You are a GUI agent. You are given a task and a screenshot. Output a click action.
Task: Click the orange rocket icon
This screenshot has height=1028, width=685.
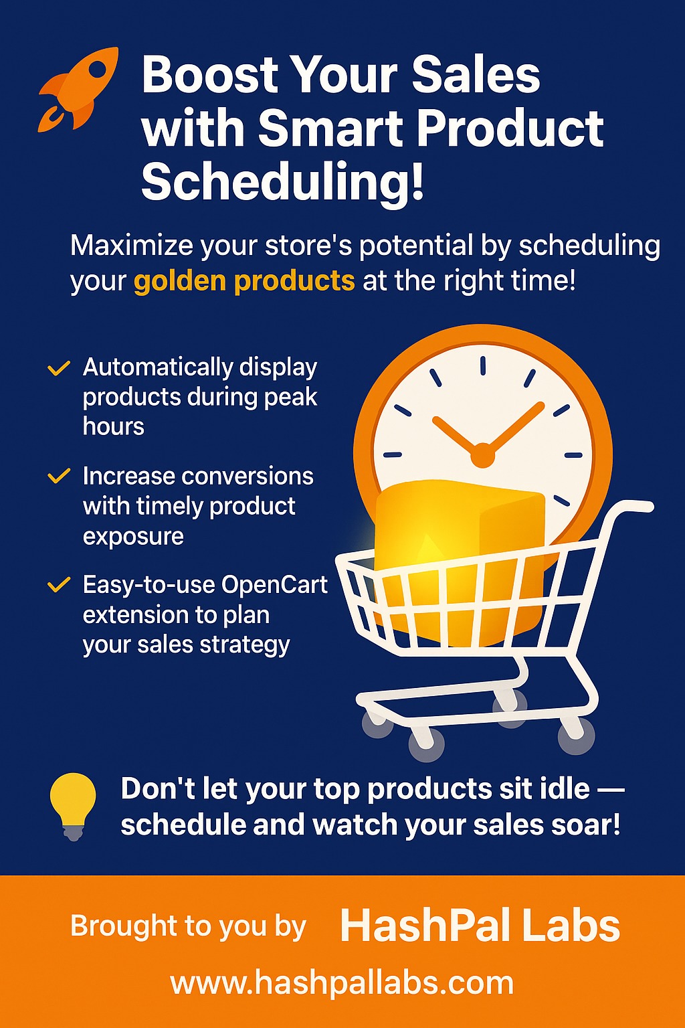pyautogui.click(x=78, y=90)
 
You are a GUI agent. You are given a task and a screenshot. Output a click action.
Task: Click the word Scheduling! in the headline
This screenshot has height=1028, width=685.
pyautogui.click(x=282, y=180)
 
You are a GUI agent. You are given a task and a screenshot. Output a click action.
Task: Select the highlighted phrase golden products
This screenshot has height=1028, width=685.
pyautogui.click(x=244, y=280)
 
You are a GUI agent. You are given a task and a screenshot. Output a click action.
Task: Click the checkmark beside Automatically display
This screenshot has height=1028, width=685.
pyautogui.click(x=59, y=368)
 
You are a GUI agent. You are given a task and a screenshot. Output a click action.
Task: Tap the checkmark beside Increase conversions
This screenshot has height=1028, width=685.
pyautogui.click(x=59, y=476)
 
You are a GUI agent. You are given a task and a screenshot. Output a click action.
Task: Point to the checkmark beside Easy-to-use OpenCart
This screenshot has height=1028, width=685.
pyautogui.click(x=59, y=585)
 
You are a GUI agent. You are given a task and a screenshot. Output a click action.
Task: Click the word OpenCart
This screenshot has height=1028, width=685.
pyautogui.click(x=274, y=585)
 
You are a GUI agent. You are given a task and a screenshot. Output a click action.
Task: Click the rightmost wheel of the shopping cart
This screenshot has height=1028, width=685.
pyautogui.click(x=576, y=737)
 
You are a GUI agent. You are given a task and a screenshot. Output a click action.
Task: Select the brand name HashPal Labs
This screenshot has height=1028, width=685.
pyautogui.click(x=480, y=926)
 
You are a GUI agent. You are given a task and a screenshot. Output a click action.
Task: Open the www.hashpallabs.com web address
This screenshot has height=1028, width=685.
pyautogui.click(x=342, y=983)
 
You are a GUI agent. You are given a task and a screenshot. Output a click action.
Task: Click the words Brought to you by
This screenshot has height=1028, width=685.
pyautogui.click(x=188, y=926)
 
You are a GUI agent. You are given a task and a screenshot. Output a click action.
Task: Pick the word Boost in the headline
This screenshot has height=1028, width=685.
pyautogui.click(x=210, y=75)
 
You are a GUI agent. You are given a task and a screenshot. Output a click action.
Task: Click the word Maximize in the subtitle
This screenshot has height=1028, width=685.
pyautogui.click(x=132, y=246)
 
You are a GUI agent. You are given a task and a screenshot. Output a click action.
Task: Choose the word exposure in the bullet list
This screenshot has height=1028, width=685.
pyautogui.click(x=134, y=537)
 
